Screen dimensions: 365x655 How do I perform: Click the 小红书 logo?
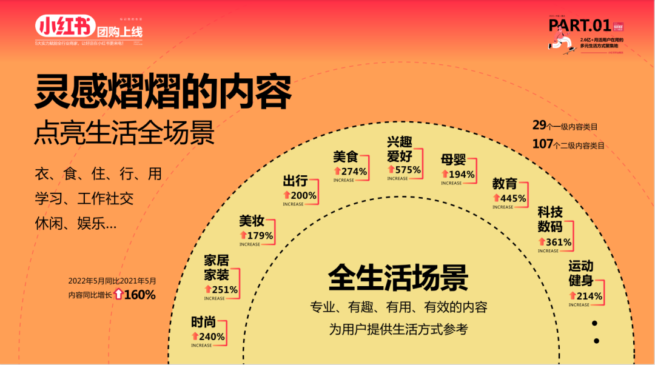[65, 27]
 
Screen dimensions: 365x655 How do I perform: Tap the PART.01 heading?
[579, 25]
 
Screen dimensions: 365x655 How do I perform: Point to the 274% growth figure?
[354, 172]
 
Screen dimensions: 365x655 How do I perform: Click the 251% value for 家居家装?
[224, 290]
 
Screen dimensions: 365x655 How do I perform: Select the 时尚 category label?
[203, 323]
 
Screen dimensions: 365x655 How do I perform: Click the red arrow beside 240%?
[195, 337]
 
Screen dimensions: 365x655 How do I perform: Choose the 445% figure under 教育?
[513, 198]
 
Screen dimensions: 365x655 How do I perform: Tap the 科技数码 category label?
[550, 219]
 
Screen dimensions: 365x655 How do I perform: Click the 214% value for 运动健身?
[589, 296]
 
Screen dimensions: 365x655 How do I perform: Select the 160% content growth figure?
[139, 295]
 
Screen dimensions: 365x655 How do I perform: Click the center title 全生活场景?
[398, 278]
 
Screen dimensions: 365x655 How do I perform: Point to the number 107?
[542, 144]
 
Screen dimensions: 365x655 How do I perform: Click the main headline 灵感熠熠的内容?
[163, 92]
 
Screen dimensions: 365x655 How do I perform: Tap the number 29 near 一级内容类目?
[539, 126]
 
